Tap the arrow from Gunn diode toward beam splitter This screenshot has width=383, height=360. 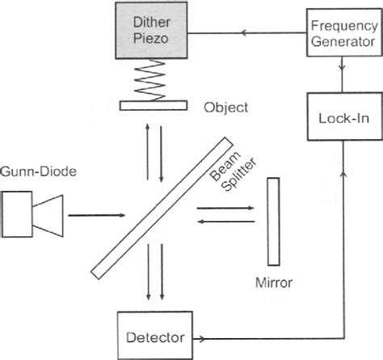95,216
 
